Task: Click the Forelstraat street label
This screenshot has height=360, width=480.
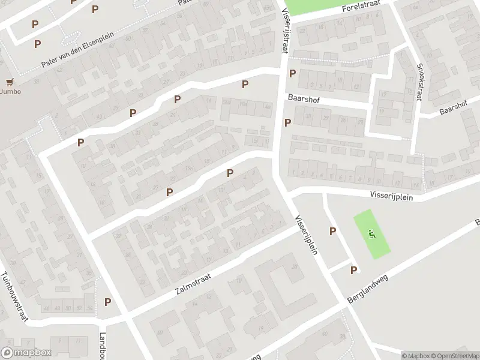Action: [x=362, y=8]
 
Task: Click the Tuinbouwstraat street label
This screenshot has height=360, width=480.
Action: [x=14, y=298]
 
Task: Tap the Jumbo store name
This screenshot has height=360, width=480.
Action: [x=10, y=92]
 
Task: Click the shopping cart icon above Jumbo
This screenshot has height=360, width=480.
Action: [x=9, y=82]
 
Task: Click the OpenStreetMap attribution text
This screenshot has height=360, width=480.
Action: [x=452, y=356]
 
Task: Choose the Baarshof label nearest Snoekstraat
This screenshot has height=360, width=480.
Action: [x=453, y=107]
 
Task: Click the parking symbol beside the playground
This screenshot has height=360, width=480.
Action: [x=332, y=232]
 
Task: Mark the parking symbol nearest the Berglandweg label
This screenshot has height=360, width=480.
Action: [x=353, y=270]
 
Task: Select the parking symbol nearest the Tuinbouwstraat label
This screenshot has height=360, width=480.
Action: [x=108, y=302]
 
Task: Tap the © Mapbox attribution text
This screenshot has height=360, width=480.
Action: [x=414, y=356]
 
